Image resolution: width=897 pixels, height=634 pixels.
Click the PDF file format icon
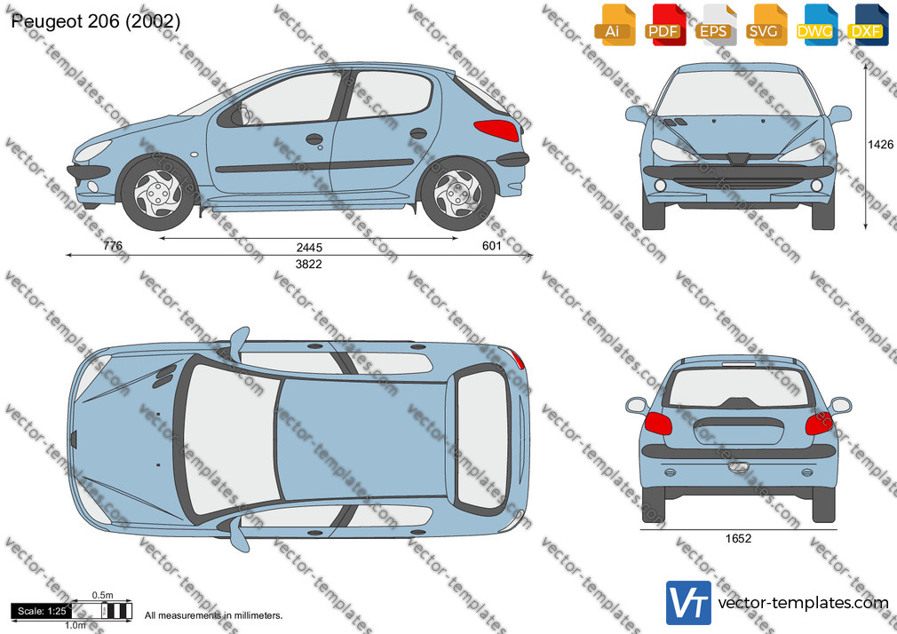click(x=665, y=25)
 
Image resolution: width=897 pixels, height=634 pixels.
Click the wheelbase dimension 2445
click(x=309, y=247)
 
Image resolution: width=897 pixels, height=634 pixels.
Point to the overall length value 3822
click(x=308, y=264)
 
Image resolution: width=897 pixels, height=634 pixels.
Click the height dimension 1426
click(x=880, y=144)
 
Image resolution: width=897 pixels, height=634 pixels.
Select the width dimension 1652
click(x=738, y=538)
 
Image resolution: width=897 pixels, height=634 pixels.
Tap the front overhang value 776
click(x=113, y=245)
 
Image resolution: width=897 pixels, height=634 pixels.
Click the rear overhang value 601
click(x=491, y=245)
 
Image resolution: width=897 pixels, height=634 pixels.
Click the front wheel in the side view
click(x=158, y=194)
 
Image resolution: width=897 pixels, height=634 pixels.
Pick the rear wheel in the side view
click(x=457, y=194)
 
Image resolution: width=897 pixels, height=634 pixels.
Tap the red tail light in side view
click(x=496, y=131)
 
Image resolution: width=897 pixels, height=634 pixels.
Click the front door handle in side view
click(x=314, y=139)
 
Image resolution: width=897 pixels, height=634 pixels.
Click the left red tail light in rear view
click(x=658, y=424)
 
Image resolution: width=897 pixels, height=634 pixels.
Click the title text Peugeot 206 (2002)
click(x=96, y=21)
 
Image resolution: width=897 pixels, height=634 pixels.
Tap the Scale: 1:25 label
click(x=42, y=611)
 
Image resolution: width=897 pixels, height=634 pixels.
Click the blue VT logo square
click(x=689, y=603)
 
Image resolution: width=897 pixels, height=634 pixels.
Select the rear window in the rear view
click(x=738, y=387)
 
